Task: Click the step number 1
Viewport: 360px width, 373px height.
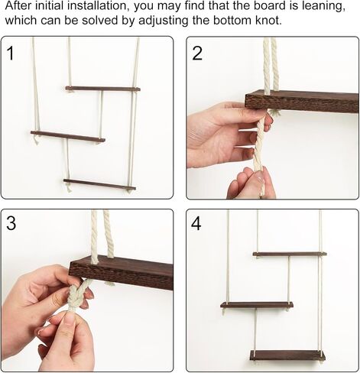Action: coord(10,54)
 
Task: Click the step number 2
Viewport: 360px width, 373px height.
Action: coord(197,54)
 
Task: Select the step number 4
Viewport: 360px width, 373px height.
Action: coord(196,223)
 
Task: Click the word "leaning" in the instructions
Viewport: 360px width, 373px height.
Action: coord(323,5)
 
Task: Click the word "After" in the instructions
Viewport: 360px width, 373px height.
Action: coord(18,5)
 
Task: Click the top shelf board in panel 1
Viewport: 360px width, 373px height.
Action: coord(102,89)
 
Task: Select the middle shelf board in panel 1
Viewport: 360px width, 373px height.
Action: coord(68,136)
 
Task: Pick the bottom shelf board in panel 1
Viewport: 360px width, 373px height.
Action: coord(99,184)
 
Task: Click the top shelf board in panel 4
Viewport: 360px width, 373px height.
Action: coord(290,254)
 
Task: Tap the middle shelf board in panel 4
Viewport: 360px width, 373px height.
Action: coord(257,305)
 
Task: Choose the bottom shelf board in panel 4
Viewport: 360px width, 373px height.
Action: coord(287,355)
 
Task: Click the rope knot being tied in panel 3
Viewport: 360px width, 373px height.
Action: coord(76,297)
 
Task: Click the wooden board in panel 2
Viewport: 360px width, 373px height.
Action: coord(302,103)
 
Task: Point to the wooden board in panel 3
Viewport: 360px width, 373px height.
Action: coord(122,271)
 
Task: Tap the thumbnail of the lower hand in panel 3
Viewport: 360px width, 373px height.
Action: coord(70,319)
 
